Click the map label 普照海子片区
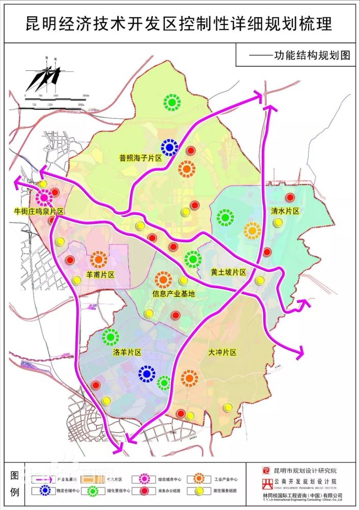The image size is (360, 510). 141,159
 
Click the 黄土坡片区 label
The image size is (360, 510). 228,272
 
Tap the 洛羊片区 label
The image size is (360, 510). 126,352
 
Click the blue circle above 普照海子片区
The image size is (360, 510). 169,147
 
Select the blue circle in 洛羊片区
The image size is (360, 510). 146,374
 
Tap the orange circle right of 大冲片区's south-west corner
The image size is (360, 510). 190,378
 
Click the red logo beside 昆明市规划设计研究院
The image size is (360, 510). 265,471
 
